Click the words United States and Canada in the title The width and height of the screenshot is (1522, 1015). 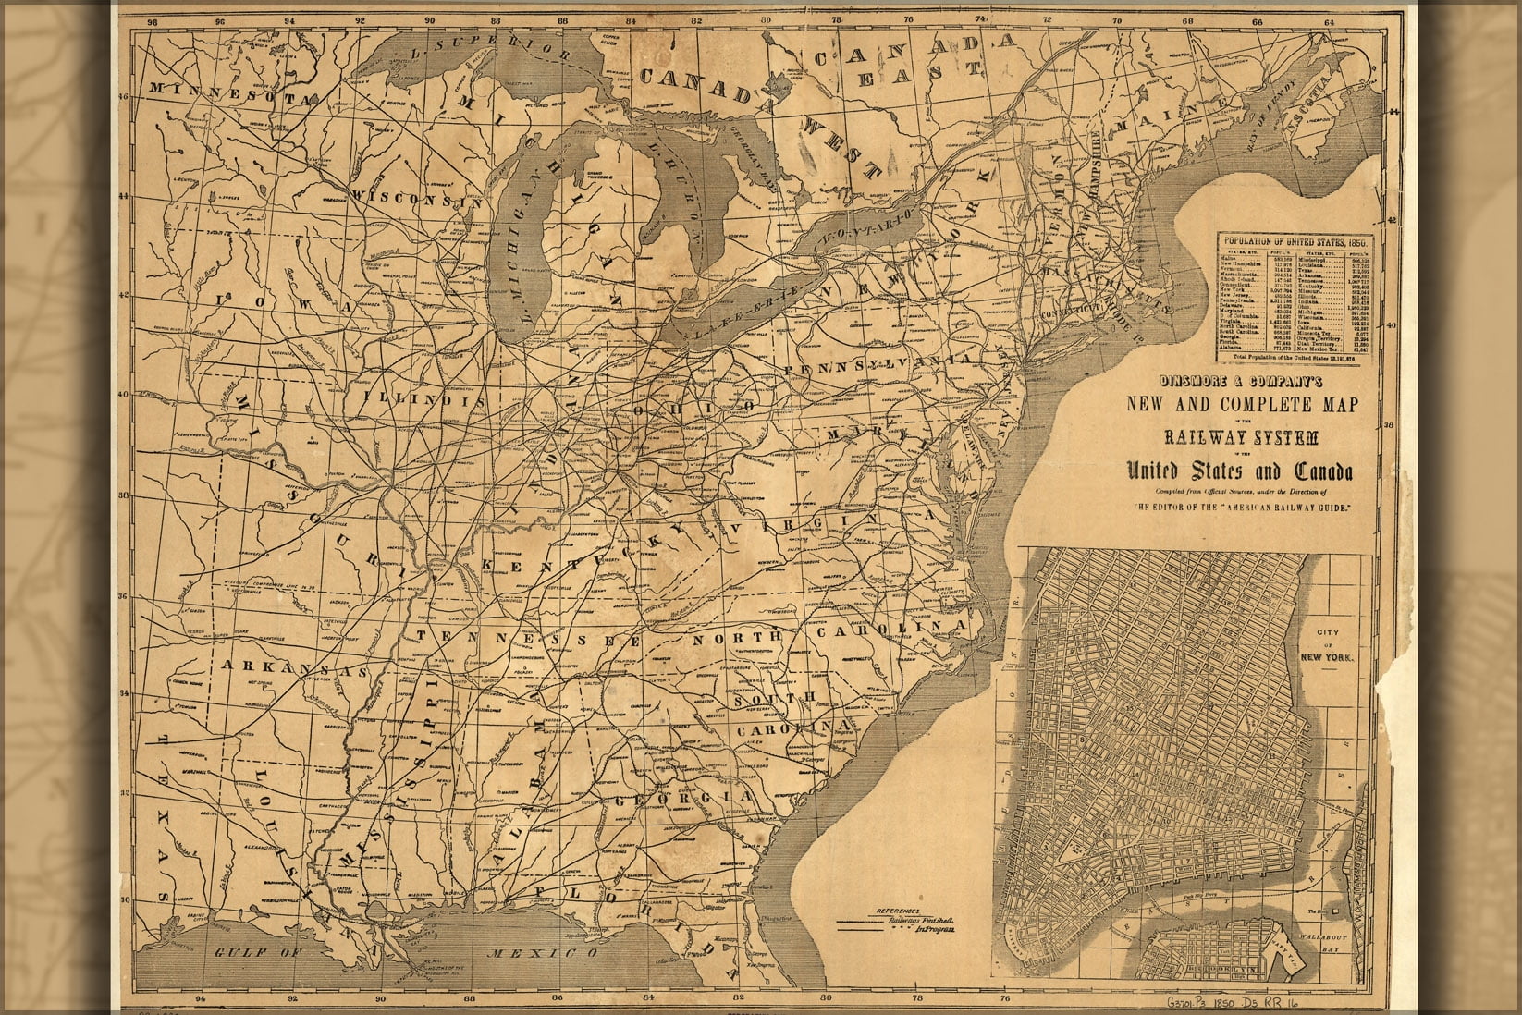pos(1238,473)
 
